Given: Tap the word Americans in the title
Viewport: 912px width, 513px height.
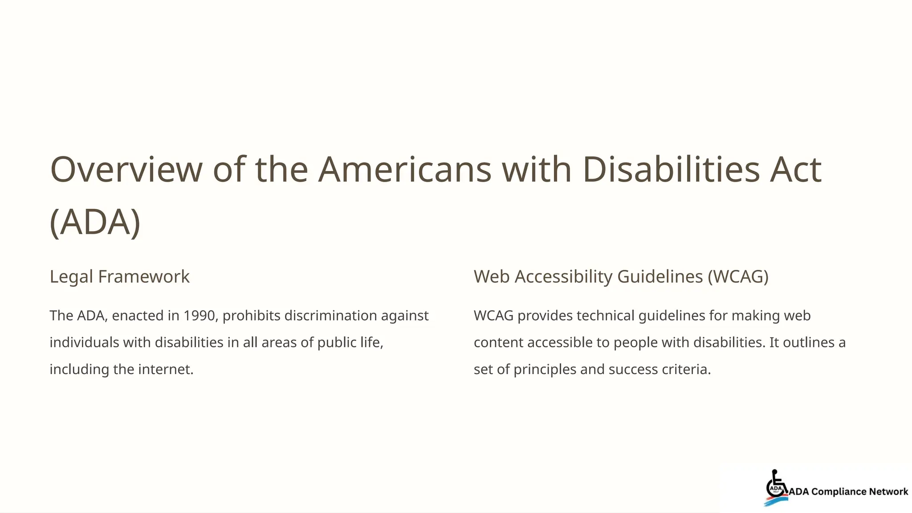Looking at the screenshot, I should (405, 170).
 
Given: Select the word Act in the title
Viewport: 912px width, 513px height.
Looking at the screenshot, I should (795, 170).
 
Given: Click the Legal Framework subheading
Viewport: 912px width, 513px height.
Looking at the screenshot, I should (119, 277).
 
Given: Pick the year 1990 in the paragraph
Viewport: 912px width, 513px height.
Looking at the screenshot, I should (199, 316).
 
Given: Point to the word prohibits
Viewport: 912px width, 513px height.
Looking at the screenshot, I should (251, 316).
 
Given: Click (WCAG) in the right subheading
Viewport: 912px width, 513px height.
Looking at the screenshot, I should (738, 277).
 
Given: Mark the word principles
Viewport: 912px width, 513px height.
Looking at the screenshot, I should (545, 369).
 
